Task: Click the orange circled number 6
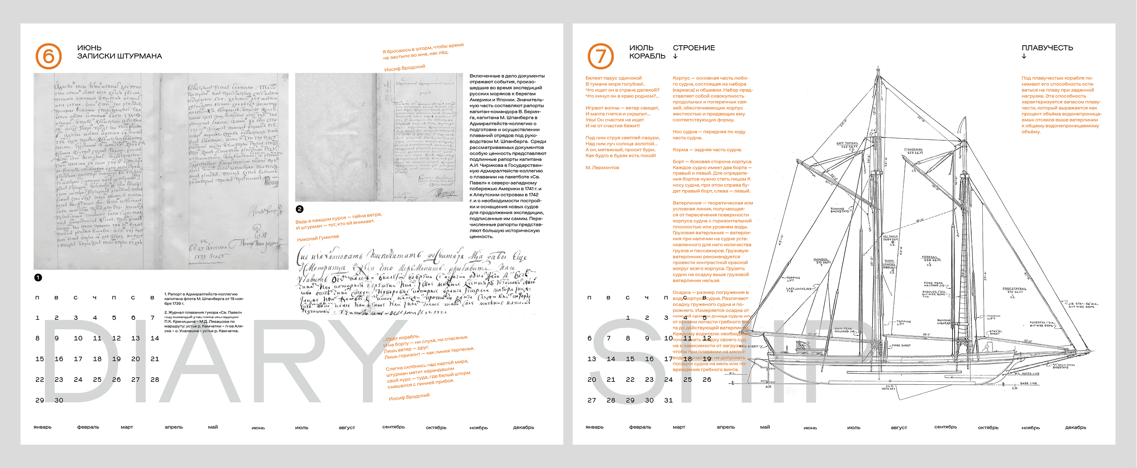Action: pos(48,56)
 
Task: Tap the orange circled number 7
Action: pos(600,56)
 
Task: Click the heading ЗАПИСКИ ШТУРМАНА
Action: pos(119,56)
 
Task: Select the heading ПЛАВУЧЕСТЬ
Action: pos(1047,48)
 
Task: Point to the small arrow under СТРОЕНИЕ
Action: pos(675,56)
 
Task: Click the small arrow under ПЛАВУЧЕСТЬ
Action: pos(1024,56)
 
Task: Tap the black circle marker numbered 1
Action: pos(38,277)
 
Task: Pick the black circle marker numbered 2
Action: pos(300,209)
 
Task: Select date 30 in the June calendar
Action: pos(59,400)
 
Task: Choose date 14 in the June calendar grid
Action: pos(154,338)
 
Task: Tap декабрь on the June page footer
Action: pos(524,427)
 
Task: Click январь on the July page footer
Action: pos(594,427)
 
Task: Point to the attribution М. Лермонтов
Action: pos(602,168)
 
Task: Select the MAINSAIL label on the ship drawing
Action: pos(821,260)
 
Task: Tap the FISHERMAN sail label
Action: pos(913,150)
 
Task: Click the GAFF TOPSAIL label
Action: pos(848,143)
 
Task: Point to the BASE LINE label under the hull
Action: pos(1028,383)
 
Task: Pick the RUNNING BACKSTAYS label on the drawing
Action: pos(839,210)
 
